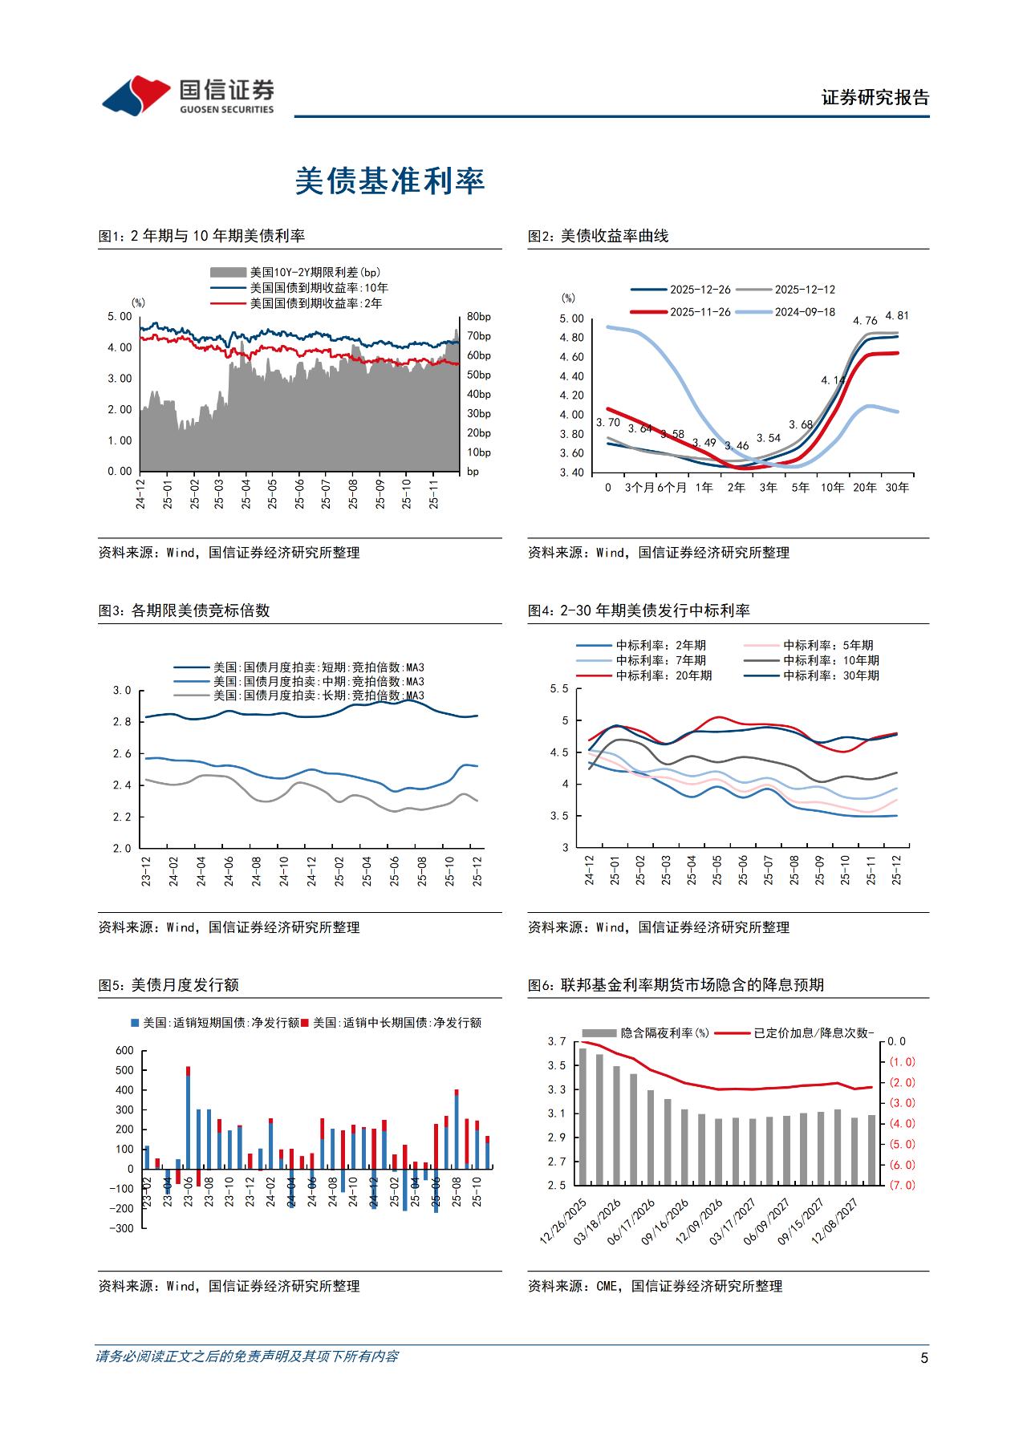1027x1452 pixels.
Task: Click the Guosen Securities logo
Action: pos(188,96)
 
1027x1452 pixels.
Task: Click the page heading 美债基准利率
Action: pos(390,181)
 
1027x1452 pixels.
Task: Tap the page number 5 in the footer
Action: pos(924,1358)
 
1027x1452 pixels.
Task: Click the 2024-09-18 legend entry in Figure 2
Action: pos(804,312)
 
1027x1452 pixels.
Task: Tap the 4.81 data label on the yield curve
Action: pos(897,316)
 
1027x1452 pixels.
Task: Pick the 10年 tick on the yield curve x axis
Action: pos(833,487)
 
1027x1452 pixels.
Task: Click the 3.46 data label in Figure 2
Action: pos(737,446)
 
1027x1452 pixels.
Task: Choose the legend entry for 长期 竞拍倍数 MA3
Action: pos(318,696)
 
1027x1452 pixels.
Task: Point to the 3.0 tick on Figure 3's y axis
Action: pos(121,691)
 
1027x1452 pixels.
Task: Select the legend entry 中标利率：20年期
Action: pos(664,675)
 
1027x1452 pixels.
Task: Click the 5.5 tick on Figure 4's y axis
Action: pos(559,689)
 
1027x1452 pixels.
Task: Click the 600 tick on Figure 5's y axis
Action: pos(124,1050)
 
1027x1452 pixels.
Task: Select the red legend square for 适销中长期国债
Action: pos(306,1023)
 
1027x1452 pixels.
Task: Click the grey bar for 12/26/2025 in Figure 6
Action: pos(583,1115)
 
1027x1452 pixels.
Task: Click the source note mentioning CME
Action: pos(655,1286)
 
